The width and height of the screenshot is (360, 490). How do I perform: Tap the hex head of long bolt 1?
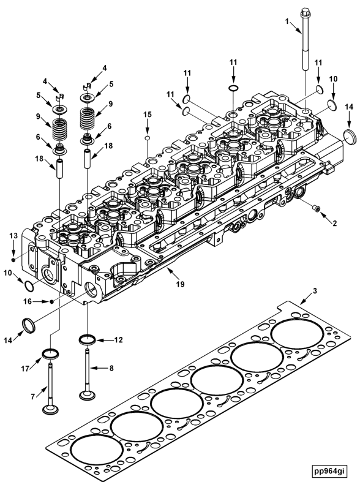tap(304, 12)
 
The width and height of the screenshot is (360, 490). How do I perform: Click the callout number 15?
tap(147, 115)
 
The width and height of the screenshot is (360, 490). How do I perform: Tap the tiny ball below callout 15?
tap(147, 138)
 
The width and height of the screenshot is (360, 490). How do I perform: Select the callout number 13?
tap(12, 235)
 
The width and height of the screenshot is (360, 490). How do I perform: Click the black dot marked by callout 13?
tap(13, 252)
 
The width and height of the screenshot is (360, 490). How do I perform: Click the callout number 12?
tap(118, 339)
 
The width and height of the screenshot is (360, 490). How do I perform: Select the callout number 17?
tap(24, 368)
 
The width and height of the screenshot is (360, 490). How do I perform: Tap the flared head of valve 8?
tap(86, 396)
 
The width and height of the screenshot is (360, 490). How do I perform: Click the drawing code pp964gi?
tap(329, 471)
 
